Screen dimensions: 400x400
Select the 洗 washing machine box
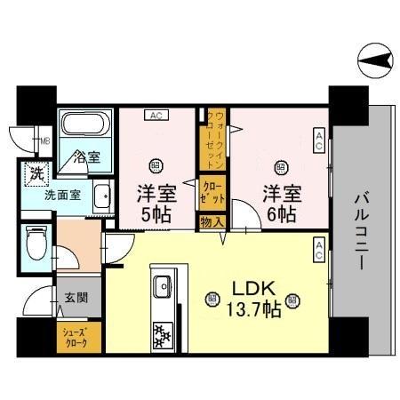(36, 172)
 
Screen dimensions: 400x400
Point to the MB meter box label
(44, 140)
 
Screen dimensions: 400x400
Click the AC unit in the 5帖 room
(156, 114)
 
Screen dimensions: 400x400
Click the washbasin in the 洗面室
(103, 194)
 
